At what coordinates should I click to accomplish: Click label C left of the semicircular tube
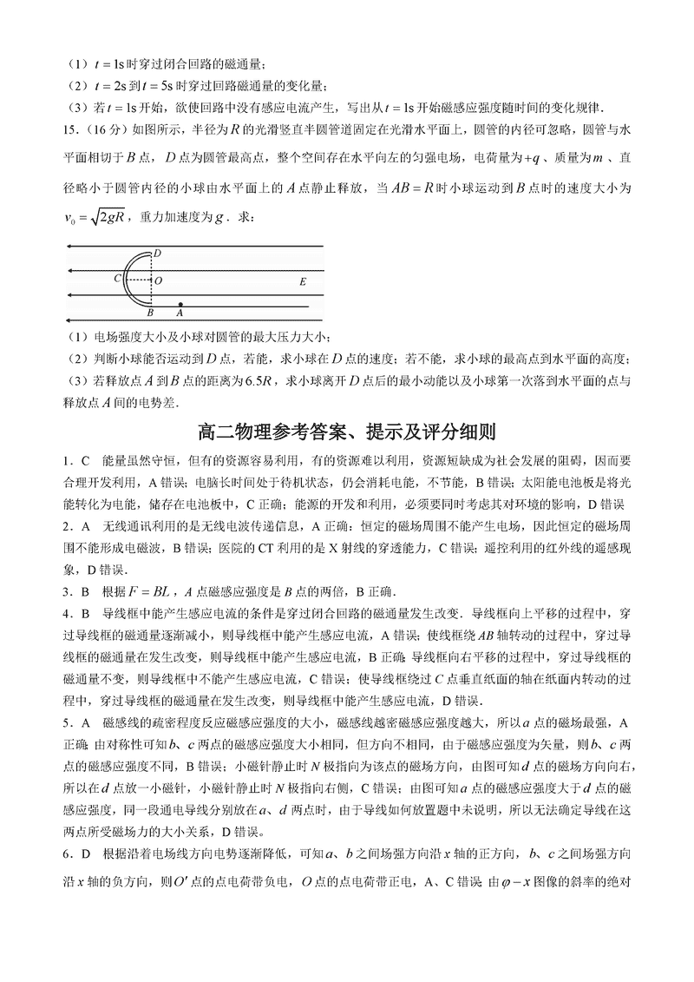click(x=117, y=280)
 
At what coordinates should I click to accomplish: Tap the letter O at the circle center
click(x=157, y=280)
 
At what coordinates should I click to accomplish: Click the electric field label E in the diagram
click(x=302, y=282)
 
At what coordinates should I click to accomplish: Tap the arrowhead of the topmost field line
click(x=69, y=247)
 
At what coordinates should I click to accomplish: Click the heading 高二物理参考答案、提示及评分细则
click(x=347, y=432)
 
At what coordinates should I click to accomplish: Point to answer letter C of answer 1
click(x=85, y=458)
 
